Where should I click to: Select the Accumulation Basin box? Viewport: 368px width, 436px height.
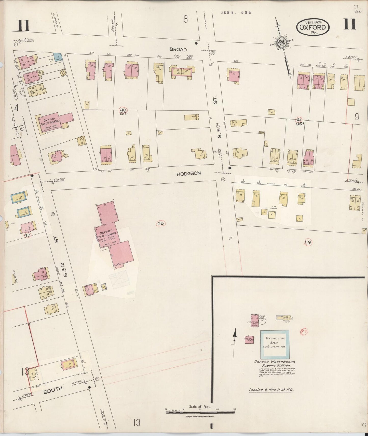[275, 343]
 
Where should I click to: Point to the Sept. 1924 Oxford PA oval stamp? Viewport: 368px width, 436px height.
[312, 27]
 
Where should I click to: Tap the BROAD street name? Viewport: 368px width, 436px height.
[178, 50]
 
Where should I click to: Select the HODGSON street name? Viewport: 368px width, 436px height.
[189, 173]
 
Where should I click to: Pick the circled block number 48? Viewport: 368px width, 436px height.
[161, 223]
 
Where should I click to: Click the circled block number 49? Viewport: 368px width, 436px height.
[308, 242]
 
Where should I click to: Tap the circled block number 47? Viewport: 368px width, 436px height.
[27, 235]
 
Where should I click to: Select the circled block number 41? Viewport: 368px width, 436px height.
[299, 120]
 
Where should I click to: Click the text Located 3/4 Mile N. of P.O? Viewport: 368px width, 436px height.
[271, 389]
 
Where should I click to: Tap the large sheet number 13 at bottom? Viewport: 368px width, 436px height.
[137, 423]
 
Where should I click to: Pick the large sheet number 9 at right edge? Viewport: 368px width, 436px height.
[357, 117]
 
